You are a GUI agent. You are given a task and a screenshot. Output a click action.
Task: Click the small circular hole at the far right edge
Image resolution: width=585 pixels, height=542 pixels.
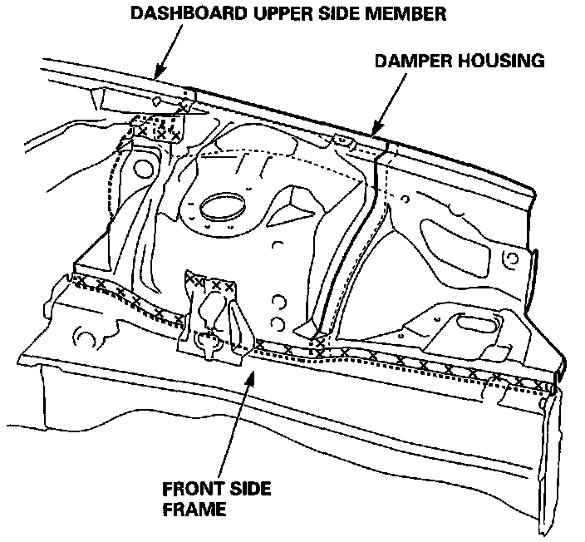click(x=514, y=260)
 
